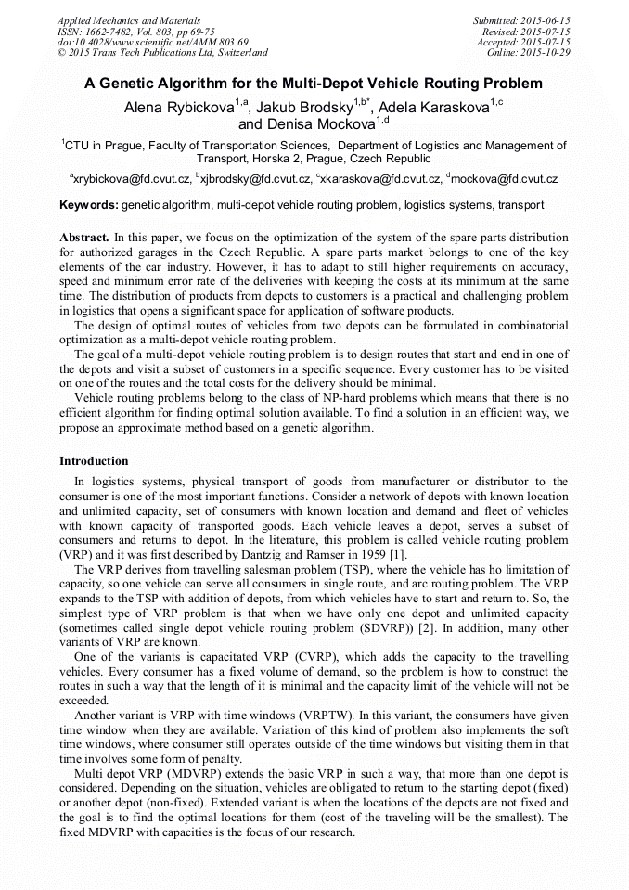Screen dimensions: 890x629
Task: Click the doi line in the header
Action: coord(152,42)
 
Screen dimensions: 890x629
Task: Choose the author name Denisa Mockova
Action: coord(305,124)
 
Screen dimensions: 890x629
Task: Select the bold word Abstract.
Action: coord(84,239)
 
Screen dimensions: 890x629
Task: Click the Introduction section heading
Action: coord(94,461)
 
